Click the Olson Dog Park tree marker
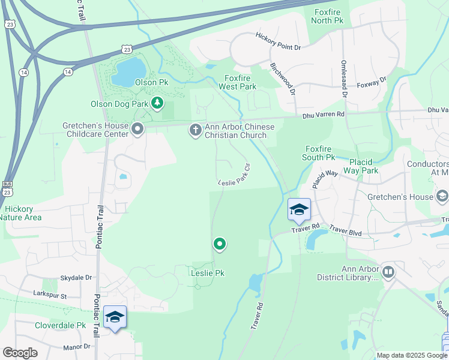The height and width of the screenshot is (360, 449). point(157,104)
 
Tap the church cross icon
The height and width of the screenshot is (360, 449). point(195,130)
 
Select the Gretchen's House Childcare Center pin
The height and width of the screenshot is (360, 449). point(138,129)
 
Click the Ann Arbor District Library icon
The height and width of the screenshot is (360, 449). point(388,273)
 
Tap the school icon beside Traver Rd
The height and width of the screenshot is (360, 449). point(299,210)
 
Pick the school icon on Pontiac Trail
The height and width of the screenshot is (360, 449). point(115,317)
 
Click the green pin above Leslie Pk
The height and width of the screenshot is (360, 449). point(220,244)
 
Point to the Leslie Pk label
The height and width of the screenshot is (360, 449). point(207,273)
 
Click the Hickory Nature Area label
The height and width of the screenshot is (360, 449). point(22,213)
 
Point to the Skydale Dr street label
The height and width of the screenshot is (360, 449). point(76,278)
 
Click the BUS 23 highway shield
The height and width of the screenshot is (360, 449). point(7,188)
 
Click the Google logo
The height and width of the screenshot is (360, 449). point(20,353)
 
